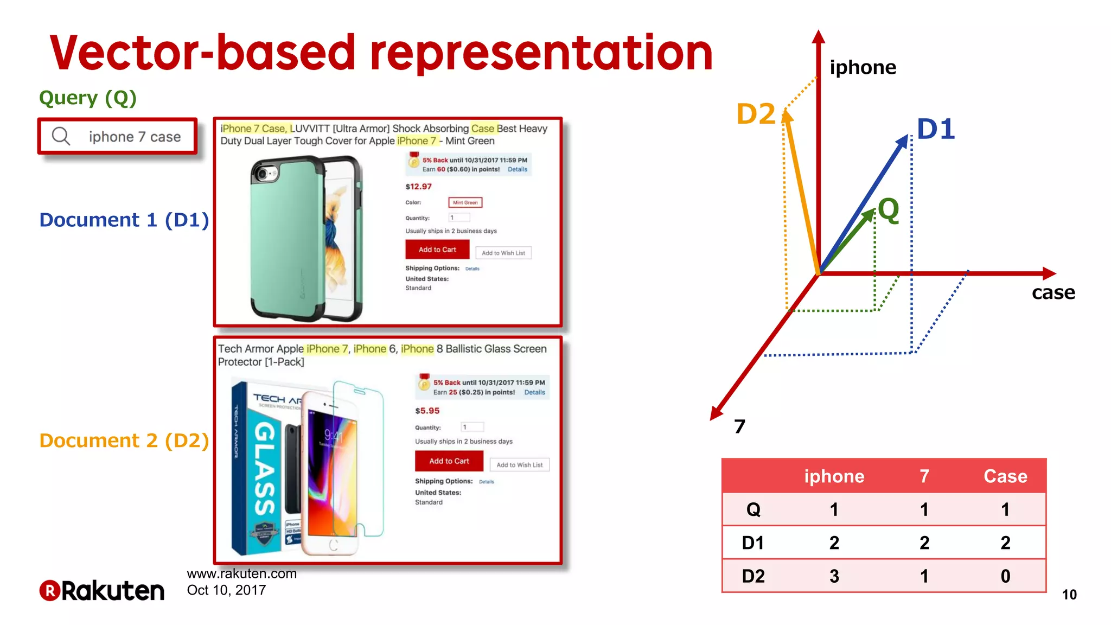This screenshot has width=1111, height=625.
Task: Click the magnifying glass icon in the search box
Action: tap(61, 136)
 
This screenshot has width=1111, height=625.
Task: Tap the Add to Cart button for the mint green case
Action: tap(437, 250)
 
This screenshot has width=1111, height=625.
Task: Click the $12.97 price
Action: tap(418, 187)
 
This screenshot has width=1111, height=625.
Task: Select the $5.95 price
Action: tap(427, 411)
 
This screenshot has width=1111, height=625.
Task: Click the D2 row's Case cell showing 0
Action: tap(1005, 576)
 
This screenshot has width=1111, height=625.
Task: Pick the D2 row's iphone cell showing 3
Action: tap(834, 576)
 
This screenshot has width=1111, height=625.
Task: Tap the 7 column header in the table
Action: tap(924, 476)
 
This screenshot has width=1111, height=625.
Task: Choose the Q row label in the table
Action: tap(753, 509)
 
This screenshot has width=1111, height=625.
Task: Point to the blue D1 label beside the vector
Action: tap(936, 129)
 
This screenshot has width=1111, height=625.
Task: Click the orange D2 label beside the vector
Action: tap(755, 114)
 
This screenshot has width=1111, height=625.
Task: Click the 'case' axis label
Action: tap(1053, 292)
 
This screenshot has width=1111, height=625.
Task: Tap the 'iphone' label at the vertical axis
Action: tap(863, 67)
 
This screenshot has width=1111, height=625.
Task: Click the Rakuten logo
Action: tap(102, 590)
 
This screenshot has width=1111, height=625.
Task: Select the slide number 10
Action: tap(1069, 595)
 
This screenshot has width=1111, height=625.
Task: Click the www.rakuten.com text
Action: tap(241, 573)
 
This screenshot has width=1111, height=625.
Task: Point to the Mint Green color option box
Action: tap(465, 202)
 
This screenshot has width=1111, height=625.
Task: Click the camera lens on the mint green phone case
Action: tap(264, 174)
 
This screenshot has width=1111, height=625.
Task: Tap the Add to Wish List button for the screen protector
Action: tap(519, 465)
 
